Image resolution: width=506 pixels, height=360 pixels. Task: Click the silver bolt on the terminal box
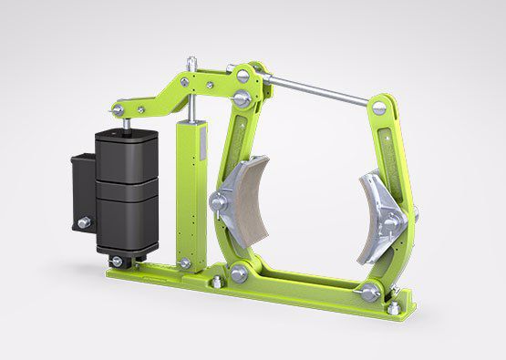pyautogui.click(x=83, y=222)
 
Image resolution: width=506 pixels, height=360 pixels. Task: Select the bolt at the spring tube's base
pyautogui.click(x=186, y=264)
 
